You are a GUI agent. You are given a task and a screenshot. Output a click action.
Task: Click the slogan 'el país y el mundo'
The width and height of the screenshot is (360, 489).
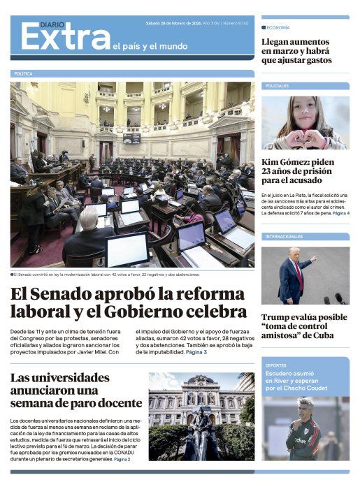150,47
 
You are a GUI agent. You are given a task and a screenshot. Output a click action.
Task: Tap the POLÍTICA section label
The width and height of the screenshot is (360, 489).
23,73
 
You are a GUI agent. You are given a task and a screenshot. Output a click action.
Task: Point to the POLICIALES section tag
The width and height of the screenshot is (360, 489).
278,86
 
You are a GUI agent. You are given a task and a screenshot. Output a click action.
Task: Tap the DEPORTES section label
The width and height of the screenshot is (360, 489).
276,365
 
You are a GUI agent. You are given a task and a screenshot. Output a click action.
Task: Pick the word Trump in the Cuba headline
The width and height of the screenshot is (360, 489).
278,316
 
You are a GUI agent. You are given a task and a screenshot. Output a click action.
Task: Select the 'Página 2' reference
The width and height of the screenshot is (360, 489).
122,459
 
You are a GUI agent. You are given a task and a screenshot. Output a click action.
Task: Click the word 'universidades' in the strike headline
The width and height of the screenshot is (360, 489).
70,378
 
